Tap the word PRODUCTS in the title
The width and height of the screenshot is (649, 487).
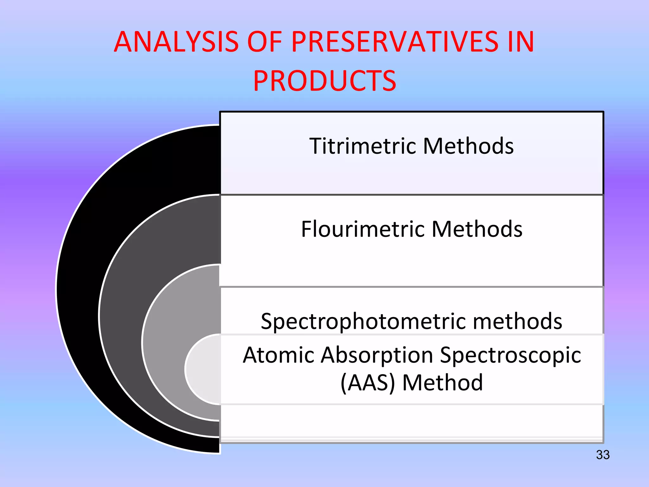pyautogui.click(x=324, y=81)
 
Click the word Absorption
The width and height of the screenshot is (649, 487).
pyautogui.click(x=377, y=355)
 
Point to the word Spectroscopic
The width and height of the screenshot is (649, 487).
pyautogui.click(x=510, y=355)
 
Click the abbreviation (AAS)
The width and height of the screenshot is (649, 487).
pyautogui.click(x=368, y=383)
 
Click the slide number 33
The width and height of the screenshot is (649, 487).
pyautogui.click(x=602, y=455)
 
